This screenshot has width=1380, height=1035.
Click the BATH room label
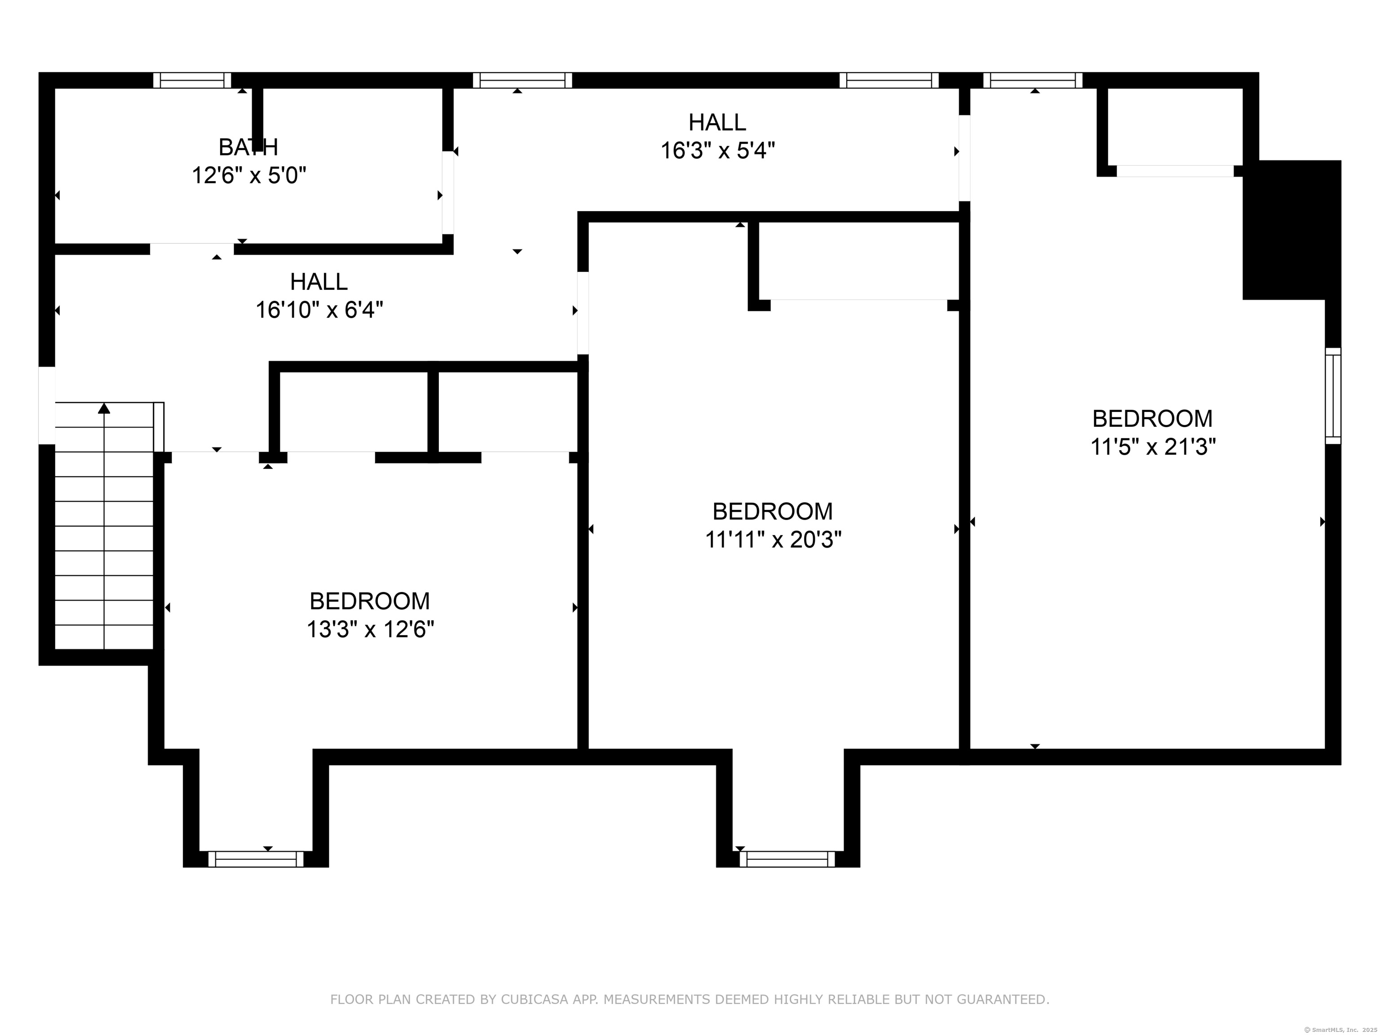tap(248, 147)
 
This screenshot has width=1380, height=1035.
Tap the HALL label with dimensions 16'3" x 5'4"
tap(717, 122)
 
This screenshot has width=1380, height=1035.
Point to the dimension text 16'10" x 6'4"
tap(319, 310)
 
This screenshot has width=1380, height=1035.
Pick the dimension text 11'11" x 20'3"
tap(773, 540)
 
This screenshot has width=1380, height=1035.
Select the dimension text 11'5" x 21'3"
tap(1153, 447)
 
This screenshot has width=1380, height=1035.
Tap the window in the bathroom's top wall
tap(192, 80)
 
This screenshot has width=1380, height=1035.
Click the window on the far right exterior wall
tap(1332, 395)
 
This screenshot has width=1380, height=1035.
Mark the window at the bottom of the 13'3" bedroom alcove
tap(256, 859)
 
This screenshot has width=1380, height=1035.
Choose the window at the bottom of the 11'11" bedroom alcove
tap(787, 859)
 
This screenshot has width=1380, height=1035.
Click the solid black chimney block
tap(1292, 230)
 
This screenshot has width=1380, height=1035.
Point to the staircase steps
tap(104, 526)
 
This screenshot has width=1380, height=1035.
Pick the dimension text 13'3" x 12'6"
tap(370, 629)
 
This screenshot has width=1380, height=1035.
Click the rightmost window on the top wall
tap(1033, 80)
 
